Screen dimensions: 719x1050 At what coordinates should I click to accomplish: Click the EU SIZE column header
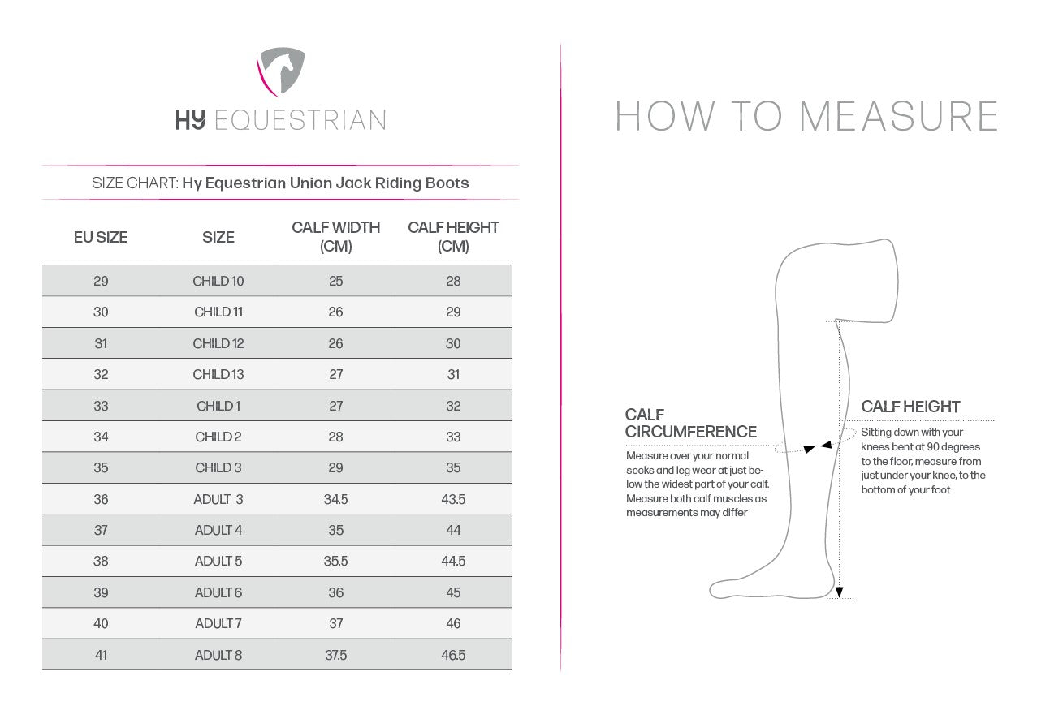click(x=101, y=237)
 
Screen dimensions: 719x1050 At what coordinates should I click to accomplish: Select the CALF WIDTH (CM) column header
click(x=336, y=237)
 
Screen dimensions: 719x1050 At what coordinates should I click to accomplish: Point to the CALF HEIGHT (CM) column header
click(x=453, y=237)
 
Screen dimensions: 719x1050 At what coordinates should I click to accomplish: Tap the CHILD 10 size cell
click(x=218, y=282)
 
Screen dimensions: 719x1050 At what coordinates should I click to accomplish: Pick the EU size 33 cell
click(x=101, y=406)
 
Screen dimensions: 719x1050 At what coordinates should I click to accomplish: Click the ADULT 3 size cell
click(x=218, y=499)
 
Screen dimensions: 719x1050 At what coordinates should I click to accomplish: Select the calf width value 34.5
click(x=336, y=499)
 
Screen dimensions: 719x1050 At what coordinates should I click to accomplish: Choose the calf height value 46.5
click(x=453, y=655)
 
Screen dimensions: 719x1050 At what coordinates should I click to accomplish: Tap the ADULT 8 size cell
click(x=218, y=655)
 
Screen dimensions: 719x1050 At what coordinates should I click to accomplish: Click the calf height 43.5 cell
click(x=453, y=499)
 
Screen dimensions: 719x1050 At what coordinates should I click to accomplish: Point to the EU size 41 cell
click(x=101, y=655)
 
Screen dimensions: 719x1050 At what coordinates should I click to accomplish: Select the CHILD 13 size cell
click(x=218, y=375)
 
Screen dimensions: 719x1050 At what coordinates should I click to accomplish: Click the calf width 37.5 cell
click(x=336, y=655)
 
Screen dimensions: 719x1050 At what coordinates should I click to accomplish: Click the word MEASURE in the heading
click(x=898, y=116)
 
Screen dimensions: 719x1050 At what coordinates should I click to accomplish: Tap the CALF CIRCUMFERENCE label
click(x=690, y=424)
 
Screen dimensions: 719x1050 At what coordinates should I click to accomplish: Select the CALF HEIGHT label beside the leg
click(x=910, y=407)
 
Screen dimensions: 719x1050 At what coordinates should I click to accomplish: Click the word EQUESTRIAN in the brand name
click(x=299, y=121)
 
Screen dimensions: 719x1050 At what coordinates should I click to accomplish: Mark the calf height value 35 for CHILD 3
click(x=453, y=468)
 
